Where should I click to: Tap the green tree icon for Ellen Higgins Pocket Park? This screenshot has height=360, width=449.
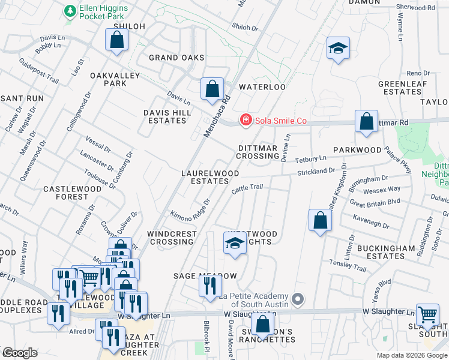71,11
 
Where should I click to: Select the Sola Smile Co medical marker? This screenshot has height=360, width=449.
245,121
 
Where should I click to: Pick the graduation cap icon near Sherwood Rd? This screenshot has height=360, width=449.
338,49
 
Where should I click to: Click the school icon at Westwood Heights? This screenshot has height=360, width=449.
234,244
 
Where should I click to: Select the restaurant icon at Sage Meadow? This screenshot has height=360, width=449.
209,286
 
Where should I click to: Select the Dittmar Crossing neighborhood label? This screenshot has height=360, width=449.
258,152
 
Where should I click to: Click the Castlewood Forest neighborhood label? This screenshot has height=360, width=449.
66,193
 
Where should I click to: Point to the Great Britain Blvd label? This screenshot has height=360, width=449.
377,203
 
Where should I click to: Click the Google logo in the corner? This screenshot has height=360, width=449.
20,353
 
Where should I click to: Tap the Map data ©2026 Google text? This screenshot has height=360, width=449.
411,355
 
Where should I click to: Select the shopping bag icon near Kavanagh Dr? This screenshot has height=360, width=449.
321,220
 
